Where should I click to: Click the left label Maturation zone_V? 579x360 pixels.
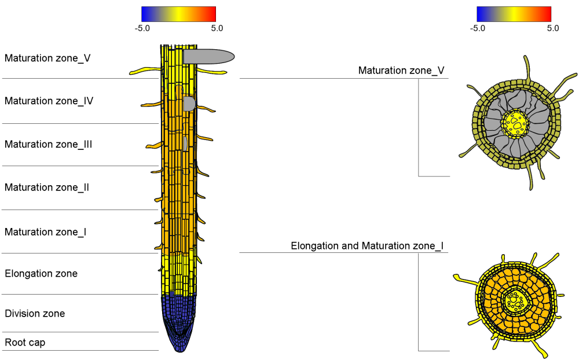[47, 58]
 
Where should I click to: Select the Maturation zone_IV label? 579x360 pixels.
[49, 101]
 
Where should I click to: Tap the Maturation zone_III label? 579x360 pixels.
[49, 144]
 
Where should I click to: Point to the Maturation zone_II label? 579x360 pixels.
[47, 188]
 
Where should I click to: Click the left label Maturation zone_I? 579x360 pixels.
[46, 232]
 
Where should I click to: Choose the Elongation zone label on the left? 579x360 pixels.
[41, 273]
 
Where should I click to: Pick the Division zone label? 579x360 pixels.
[35, 314]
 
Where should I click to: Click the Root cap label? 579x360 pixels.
[25, 343]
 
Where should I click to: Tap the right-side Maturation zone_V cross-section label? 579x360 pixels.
[401, 71]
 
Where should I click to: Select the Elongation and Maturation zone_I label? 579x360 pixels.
[367, 246]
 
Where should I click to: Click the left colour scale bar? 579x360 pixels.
[178, 14]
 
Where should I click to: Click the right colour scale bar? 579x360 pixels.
[514, 14]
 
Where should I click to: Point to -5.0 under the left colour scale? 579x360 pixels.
[142, 28]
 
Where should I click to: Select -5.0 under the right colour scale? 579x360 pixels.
[478, 28]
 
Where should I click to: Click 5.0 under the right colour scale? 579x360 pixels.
[552, 28]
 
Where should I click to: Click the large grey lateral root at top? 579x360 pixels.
[208, 56]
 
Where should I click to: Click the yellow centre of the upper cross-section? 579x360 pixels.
[515, 123]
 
